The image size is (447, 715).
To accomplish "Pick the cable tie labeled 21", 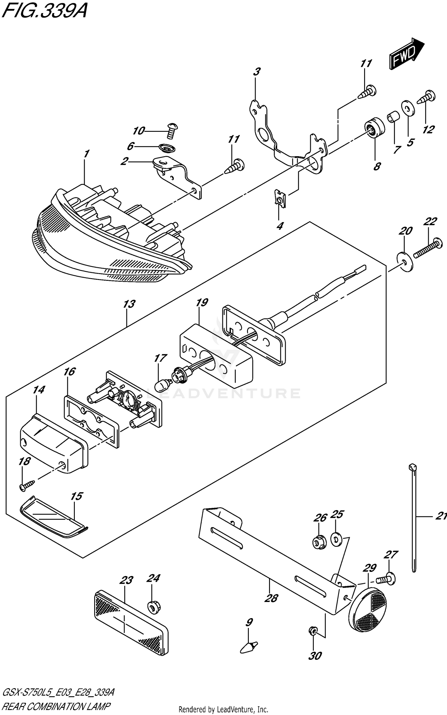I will click(414, 519).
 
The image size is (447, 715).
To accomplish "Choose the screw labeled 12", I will click(427, 97).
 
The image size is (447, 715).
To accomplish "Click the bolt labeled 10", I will click(171, 130).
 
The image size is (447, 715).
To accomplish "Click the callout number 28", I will click(271, 598).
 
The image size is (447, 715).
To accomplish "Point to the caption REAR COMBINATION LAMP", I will click(56, 705).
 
